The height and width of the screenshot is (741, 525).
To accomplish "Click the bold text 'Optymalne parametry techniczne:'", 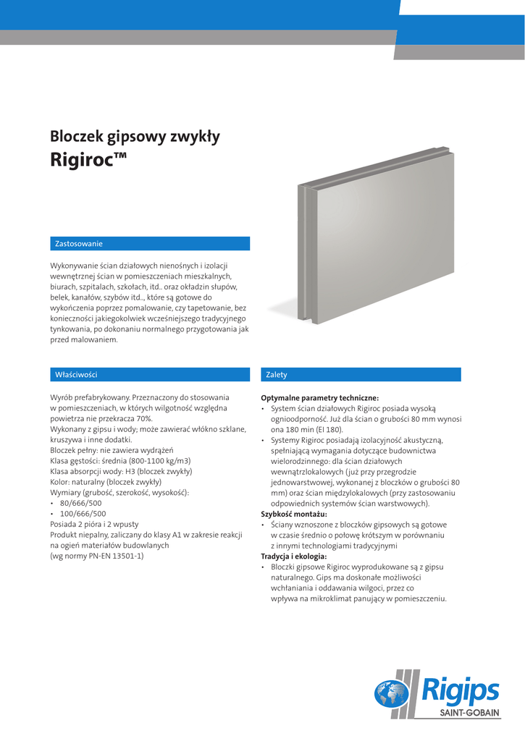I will tap(319, 398).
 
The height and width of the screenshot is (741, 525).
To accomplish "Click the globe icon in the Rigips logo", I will tap(390, 693).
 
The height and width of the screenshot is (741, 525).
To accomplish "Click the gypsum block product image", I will tap(378, 246).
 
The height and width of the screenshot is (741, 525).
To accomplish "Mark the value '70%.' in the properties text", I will tap(143, 418).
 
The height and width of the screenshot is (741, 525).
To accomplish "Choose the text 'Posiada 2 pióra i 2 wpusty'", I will tap(94, 524).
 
